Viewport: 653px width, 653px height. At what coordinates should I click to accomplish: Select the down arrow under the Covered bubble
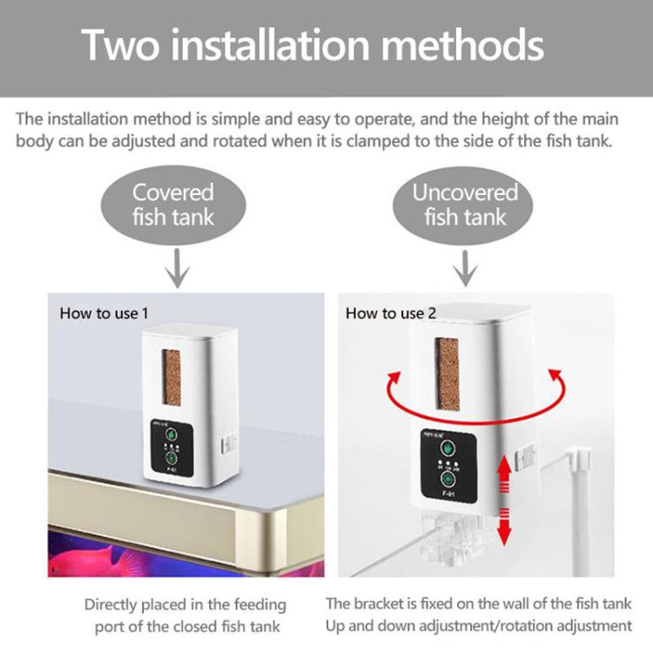178,268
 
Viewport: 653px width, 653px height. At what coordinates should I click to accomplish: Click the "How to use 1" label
98,313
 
